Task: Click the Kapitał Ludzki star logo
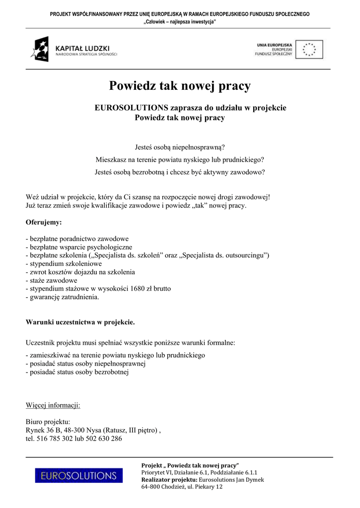(40, 49)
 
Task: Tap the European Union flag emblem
(309, 50)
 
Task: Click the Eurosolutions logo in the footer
(78, 476)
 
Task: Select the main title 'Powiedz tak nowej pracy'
(180, 86)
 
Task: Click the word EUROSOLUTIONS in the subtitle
(132, 108)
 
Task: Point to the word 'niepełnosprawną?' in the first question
(199, 147)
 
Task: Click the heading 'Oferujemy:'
(44, 222)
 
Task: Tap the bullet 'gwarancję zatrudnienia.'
(63, 298)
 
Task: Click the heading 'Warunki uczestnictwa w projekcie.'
(80, 322)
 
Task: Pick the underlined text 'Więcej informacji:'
(53, 405)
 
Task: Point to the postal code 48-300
(73, 430)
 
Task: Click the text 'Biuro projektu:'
(48, 422)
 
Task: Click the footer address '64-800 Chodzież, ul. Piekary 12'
(182, 487)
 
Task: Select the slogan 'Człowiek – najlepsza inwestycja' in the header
(180, 21)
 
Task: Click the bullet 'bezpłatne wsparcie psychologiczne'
(79, 247)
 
